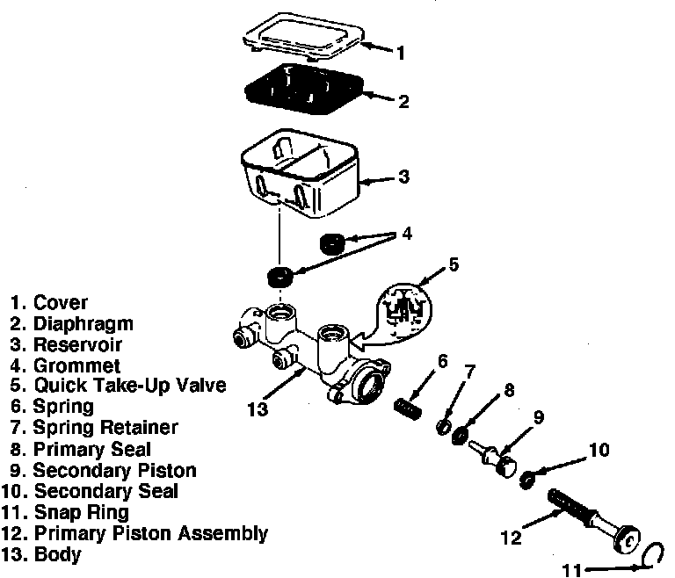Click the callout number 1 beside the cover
[401, 53]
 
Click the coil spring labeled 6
[410, 408]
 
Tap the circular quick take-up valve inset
[403, 308]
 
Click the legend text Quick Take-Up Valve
[130, 386]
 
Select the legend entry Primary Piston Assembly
[150, 533]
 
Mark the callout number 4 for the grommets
[406, 235]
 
